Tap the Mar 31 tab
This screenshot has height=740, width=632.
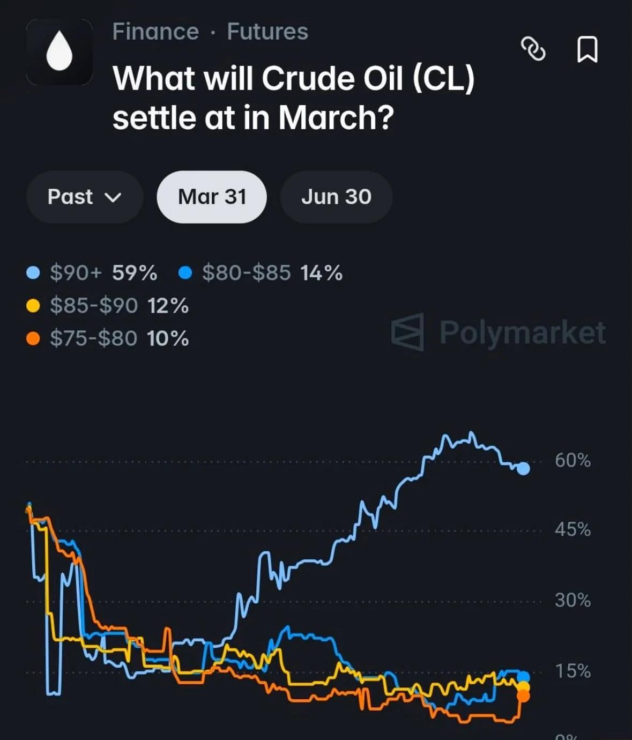point(212,197)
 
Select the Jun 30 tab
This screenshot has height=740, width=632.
point(336,197)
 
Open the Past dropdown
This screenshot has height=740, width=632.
point(84,197)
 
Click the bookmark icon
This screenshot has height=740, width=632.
point(587,50)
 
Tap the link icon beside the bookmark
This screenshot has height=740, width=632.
point(533,49)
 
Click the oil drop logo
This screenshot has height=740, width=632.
point(59,52)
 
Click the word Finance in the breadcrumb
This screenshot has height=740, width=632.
point(155,32)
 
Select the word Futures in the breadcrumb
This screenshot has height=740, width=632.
point(267,32)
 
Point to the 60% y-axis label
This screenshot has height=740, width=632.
point(572,460)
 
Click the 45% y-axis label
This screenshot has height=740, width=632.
point(572,530)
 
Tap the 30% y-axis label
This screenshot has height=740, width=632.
point(572,600)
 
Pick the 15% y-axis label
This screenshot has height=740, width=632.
point(572,671)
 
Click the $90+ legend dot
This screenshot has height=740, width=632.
point(33,273)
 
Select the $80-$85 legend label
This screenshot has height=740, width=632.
point(246,273)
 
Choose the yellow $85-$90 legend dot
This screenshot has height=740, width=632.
point(33,306)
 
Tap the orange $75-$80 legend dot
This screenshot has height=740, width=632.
point(33,338)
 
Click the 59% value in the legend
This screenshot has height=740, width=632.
point(135,273)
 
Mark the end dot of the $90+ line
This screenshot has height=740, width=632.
point(523,469)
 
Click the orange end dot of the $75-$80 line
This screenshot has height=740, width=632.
point(523,697)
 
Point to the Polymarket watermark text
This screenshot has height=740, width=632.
point(522,332)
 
